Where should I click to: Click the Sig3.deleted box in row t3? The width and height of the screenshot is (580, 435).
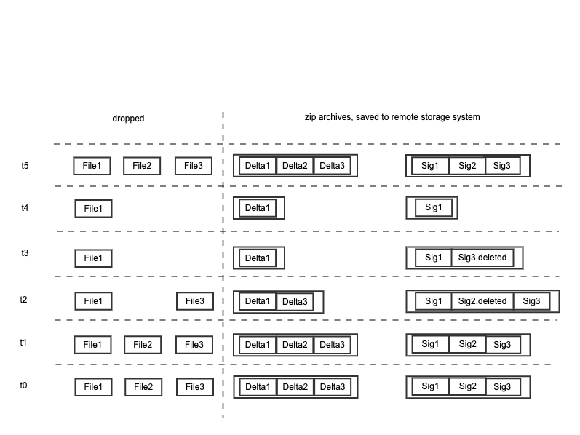coord(482,258)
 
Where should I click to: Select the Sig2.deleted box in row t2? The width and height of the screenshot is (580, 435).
coord(482,301)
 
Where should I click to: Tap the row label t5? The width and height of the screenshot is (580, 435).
coord(25,166)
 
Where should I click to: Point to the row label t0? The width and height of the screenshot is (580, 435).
coord(24,386)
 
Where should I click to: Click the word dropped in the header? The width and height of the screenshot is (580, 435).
coord(128,119)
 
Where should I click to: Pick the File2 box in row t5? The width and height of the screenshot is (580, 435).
coord(142,166)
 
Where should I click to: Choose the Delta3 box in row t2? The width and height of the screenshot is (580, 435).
coord(295,302)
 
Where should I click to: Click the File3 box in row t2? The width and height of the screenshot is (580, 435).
coord(195,301)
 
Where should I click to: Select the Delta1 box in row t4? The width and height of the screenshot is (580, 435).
coord(258,208)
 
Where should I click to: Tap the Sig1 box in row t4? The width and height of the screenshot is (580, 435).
coord(434,207)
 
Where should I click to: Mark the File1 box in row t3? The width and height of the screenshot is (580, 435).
coord(93,258)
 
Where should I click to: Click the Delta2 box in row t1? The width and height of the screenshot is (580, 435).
coord(295,345)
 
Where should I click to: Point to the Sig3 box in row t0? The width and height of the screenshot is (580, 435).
coord(502,387)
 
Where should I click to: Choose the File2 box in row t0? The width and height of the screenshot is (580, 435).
coord(143,387)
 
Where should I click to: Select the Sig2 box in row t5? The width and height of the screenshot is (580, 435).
coord(467,166)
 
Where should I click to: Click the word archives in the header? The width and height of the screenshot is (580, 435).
coord(333,117)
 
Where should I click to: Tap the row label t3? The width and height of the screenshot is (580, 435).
coord(25,253)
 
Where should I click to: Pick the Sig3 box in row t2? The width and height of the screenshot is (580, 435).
coord(531,301)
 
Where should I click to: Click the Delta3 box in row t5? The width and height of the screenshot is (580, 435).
coord(332,166)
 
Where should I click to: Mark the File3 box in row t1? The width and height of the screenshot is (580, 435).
coord(194,345)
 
